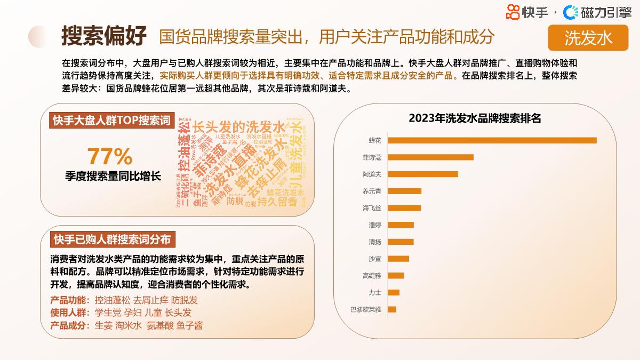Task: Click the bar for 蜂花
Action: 492,140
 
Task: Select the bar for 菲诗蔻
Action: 430,157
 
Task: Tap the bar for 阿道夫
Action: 422,174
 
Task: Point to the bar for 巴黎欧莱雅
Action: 392,309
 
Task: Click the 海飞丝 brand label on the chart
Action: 372,208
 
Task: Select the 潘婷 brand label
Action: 375,225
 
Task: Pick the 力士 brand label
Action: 375,292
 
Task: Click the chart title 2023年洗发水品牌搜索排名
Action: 475,118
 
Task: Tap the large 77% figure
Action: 109,156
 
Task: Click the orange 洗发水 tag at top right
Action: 588,37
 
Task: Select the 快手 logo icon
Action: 513,11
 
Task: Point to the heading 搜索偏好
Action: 103,36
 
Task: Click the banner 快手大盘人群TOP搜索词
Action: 111,121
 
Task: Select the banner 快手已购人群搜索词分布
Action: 112,240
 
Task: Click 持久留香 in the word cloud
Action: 277,202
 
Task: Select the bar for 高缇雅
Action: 396,276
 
